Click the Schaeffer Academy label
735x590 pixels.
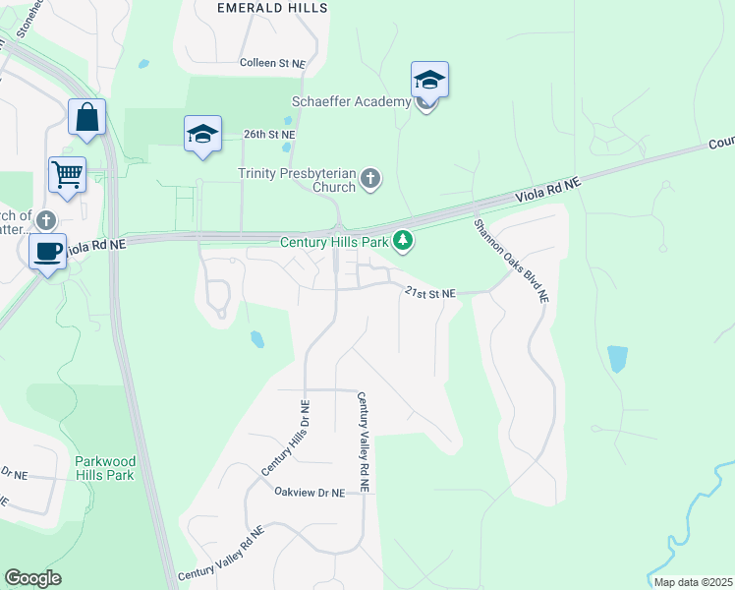click(x=351, y=102)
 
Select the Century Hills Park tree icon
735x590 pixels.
click(x=402, y=240)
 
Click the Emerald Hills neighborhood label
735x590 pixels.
click(x=266, y=7)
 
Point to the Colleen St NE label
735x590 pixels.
click(x=273, y=63)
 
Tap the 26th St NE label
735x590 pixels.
click(x=269, y=135)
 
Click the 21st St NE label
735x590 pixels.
click(x=430, y=293)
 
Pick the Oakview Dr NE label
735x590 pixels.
click(x=310, y=492)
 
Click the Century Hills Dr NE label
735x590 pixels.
click(x=285, y=440)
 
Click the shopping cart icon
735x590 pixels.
click(x=67, y=175)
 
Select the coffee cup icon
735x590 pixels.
click(x=47, y=251)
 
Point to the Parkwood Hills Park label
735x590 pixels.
click(x=104, y=468)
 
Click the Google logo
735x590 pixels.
click(x=32, y=578)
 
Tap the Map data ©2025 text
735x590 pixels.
click(x=691, y=582)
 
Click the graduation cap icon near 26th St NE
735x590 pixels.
click(x=202, y=134)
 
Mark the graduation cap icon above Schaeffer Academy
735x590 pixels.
click(x=429, y=80)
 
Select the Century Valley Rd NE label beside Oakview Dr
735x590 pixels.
click(x=363, y=442)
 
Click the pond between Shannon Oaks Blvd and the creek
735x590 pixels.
click(x=617, y=359)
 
